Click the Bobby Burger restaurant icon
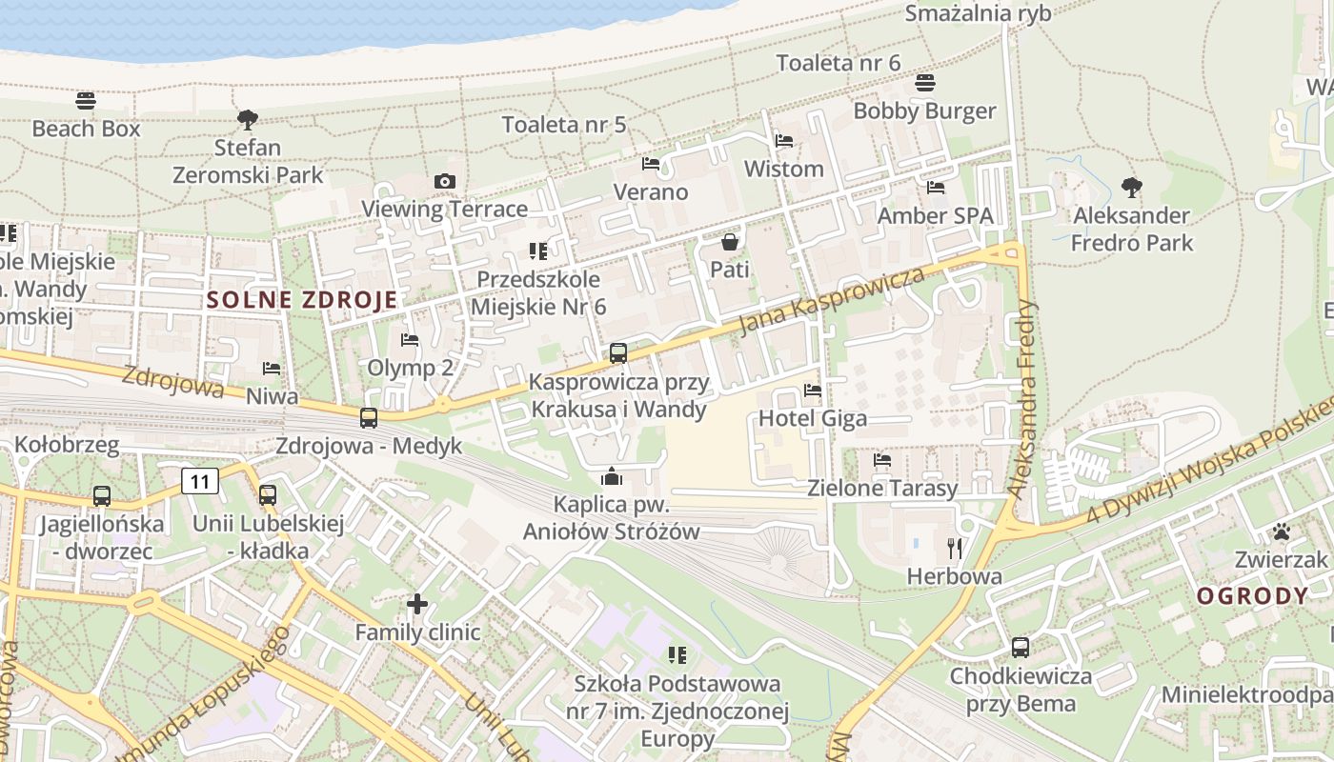[924, 83]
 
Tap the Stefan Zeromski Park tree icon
[248, 119]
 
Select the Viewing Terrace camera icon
[444, 181]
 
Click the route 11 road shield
[200, 481]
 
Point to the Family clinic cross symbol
[416, 603]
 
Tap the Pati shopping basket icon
[730, 242]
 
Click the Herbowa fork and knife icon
[955, 548]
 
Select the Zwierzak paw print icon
[1282, 531]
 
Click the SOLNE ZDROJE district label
[302, 300]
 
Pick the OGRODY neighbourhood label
[1253, 596]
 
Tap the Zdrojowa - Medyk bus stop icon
[368, 417]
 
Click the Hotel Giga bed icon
[812, 390]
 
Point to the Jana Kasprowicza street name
[832, 300]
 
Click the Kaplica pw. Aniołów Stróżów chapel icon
[611, 476]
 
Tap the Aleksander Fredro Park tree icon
[1131, 187]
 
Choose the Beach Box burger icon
[86, 100]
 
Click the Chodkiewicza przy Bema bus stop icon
[1020, 648]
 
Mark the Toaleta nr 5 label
[564, 124]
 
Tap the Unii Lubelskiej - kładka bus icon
[268, 495]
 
